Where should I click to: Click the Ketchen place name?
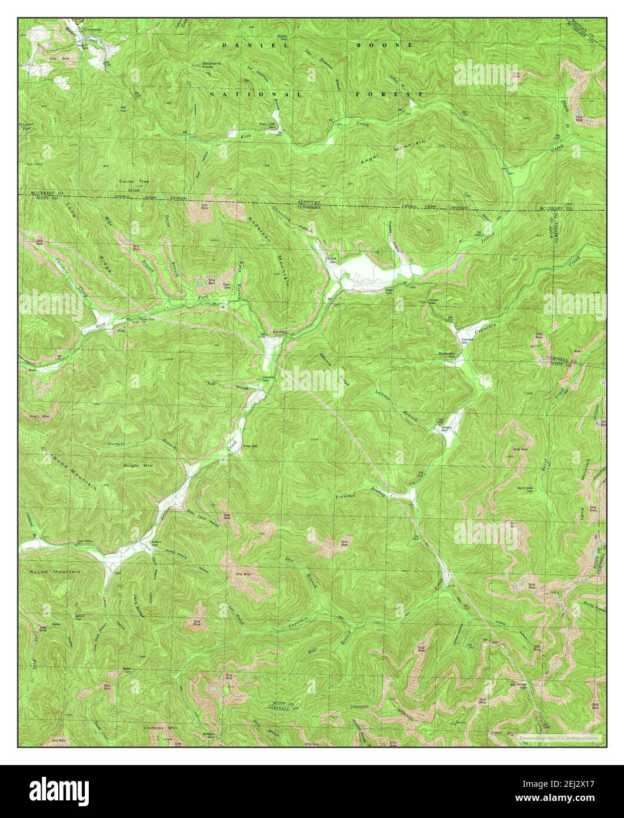pyautogui.click(x=278, y=332)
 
